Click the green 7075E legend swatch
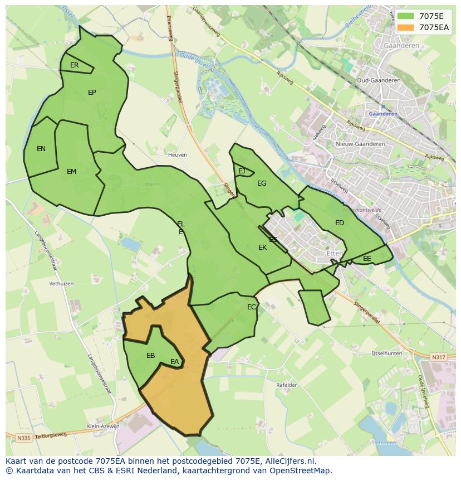(406, 16)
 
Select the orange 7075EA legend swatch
(406, 27)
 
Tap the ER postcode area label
(75, 65)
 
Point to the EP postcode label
(92, 93)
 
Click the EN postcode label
(41, 149)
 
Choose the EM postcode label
(71, 172)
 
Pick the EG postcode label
(262, 183)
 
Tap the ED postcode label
(340, 223)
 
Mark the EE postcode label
(367, 259)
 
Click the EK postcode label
(262, 248)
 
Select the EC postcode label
(252, 307)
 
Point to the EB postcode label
(150, 356)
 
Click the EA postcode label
(175, 362)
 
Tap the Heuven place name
(178, 155)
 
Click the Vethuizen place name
(61, 284)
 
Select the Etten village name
(335, 253)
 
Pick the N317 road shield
(439, 357)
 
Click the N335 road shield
(23, 438)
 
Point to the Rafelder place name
(287, 385)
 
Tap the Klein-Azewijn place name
(104, 426)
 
